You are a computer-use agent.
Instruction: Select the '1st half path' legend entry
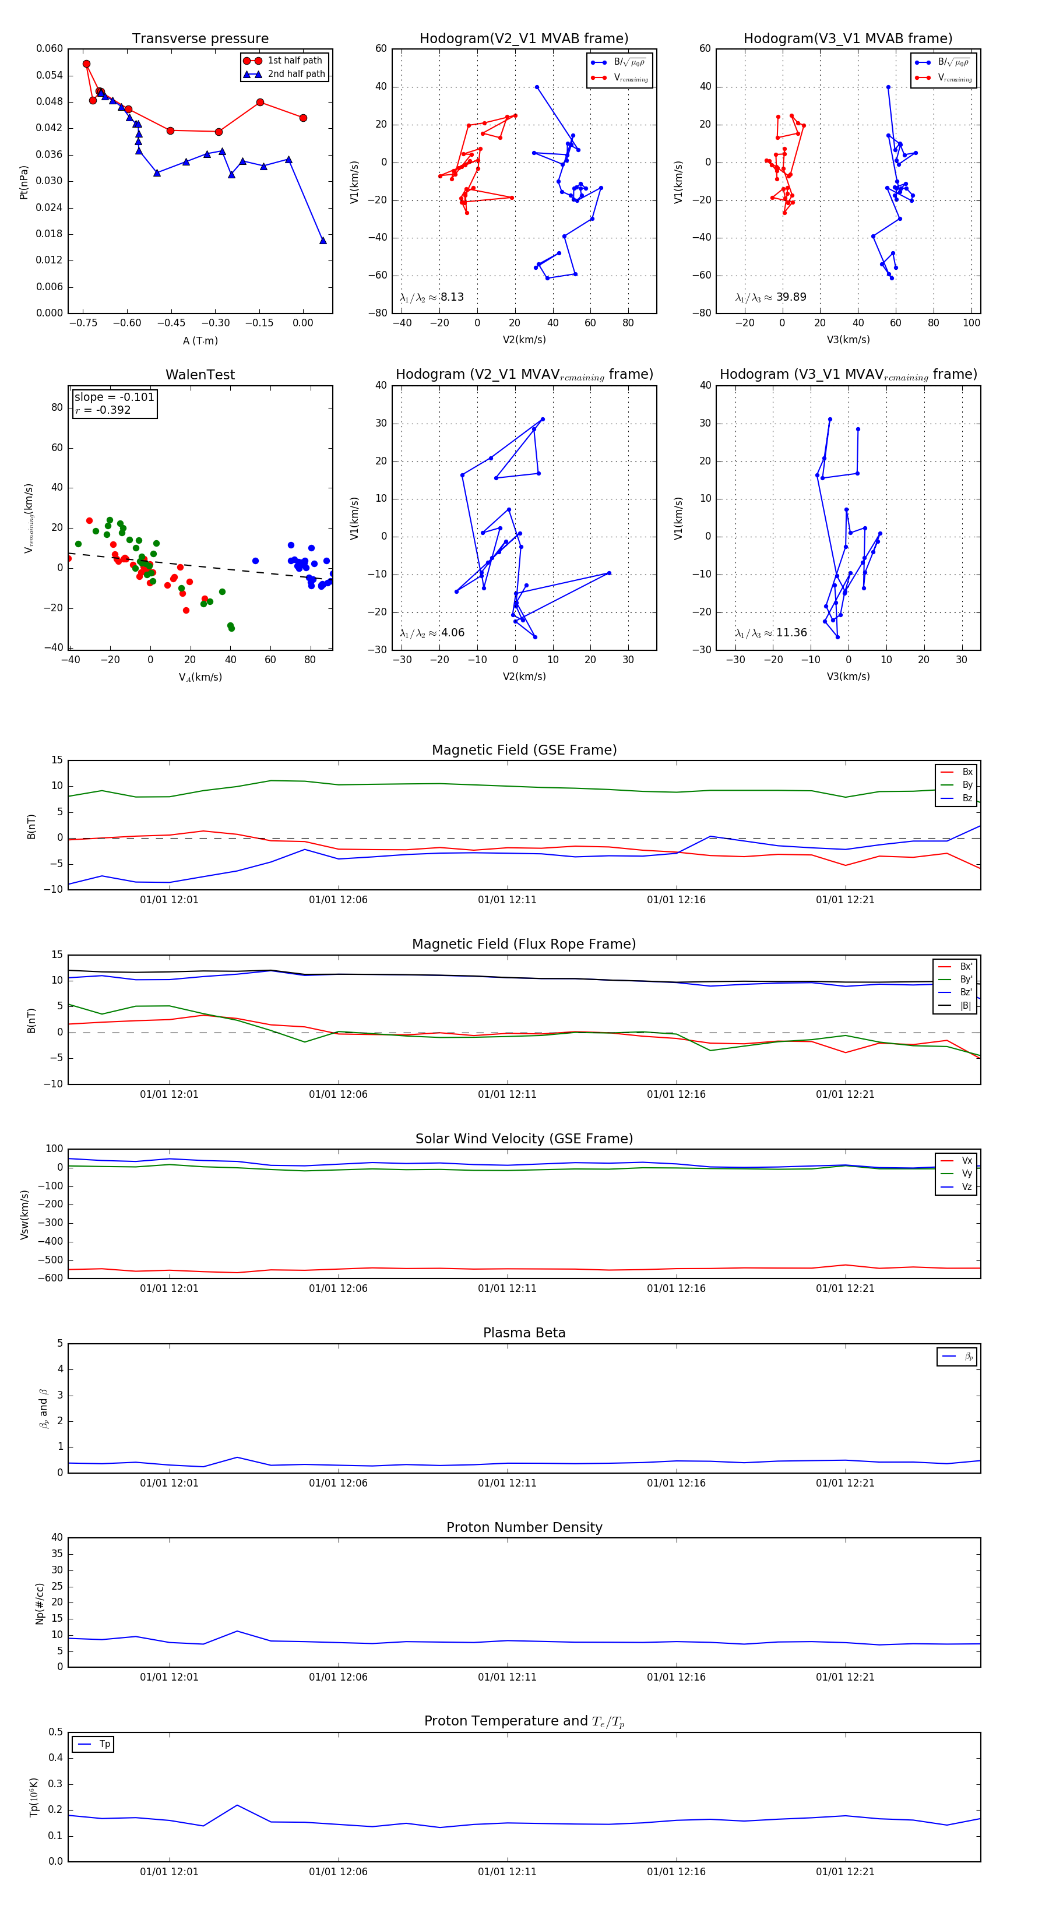click(294, 61)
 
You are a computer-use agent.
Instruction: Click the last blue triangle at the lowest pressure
click(322, 240)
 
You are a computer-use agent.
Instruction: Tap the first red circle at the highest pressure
click(87, 64)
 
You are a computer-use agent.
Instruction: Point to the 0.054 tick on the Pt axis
click(50, 75)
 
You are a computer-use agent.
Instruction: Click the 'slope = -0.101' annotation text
click(114, 397)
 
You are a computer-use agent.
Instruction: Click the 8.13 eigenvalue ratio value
click(452, 297)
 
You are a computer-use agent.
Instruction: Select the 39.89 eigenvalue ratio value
click(791, 297)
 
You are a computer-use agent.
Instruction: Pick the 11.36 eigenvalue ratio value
click(791, 633)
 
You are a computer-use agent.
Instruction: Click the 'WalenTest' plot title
click(200, 375)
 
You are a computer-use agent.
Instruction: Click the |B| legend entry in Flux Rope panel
click(966, 1006)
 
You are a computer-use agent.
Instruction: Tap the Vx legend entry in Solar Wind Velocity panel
click(967, 1161)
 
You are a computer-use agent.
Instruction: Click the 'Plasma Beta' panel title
click(524, 1333)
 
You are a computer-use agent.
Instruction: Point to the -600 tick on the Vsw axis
click(53, 1278)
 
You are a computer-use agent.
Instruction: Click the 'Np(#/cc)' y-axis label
click(40, 1604)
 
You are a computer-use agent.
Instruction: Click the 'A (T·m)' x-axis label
click(200, 341)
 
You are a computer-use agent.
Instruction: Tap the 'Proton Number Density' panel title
click(524, 1527)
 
